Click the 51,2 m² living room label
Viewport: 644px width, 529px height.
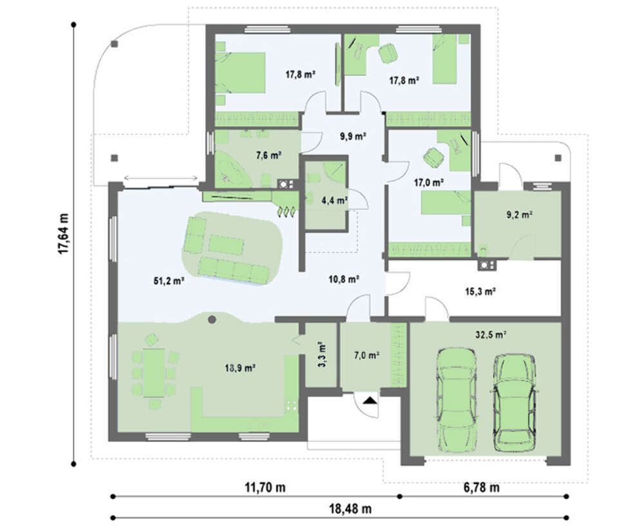click(168, 281)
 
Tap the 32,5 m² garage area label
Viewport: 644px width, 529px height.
click(490, 335)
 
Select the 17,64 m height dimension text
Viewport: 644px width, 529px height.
click(64, 233)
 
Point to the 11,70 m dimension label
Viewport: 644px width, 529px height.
click(265, 488)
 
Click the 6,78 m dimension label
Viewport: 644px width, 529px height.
click(481, 488)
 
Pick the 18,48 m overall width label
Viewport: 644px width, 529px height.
click(350, 509)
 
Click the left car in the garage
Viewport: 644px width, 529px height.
click(457, 400)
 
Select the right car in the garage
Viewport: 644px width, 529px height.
click(515, 402)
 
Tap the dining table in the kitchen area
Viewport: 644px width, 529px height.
click(154, 373)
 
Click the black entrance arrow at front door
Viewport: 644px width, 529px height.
click(370, 400)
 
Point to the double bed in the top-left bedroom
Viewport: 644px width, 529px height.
click(240, 73)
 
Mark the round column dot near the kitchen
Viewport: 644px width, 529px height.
click(212, 319)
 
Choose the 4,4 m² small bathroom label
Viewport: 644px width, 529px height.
click(335, 201)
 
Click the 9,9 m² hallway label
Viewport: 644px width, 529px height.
click(353, 136)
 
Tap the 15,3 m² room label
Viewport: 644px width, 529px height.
click(480, 292)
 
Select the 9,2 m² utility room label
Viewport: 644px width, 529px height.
click(519, 214)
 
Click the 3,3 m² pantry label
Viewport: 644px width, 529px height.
click(321, 354)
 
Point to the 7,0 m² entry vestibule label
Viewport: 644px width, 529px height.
click(366, 355)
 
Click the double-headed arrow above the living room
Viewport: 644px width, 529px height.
click(160, 178)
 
